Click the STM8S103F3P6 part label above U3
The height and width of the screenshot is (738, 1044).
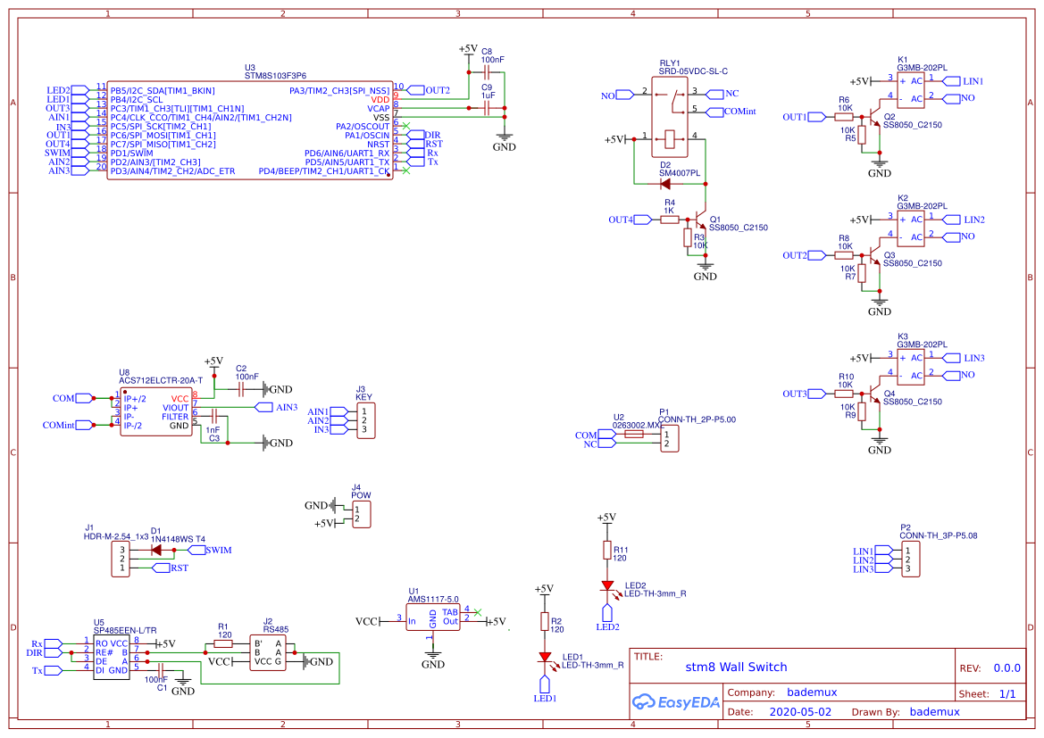point(282,77)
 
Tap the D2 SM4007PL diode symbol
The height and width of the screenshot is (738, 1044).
point(665,184)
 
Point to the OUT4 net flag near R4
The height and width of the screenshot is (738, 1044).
point(646,220)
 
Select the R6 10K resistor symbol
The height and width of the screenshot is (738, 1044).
point(844,117)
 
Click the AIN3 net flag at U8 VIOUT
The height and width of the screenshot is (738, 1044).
point(264,408)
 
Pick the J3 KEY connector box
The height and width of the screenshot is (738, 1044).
point(364,420)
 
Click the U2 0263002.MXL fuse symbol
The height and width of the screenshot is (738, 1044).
point(633,435)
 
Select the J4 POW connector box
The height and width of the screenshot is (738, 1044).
point(361,513)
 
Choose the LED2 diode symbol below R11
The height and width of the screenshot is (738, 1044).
point(608,586)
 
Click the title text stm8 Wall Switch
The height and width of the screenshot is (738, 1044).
point(736,667)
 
